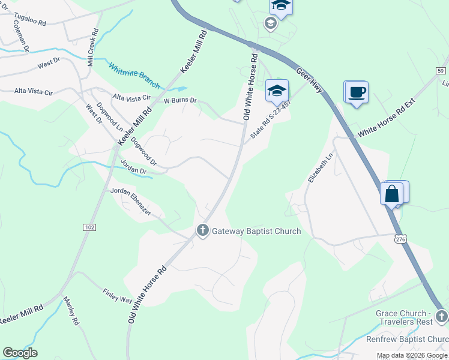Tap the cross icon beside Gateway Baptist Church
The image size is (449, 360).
pos(203,230)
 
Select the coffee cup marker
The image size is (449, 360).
pos(357,92)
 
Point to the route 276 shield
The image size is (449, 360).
pos(401,239)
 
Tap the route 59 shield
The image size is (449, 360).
pos(441,70)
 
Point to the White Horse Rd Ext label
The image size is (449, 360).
pos(386,120)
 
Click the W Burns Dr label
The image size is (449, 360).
pos(181,101)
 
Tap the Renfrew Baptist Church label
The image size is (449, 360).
pos(408,340)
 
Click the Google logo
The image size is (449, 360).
pos(20,353)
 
